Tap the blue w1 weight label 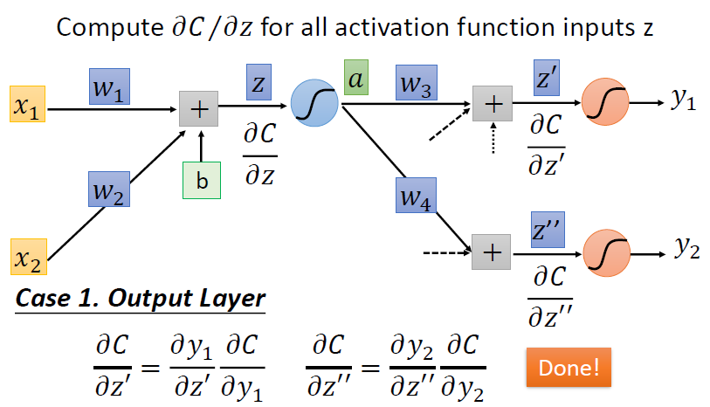click(110, 86)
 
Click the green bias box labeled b click(201, 180)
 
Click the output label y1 click(684, 101)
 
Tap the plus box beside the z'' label click(492, 253)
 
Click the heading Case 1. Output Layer click(141, 297)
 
